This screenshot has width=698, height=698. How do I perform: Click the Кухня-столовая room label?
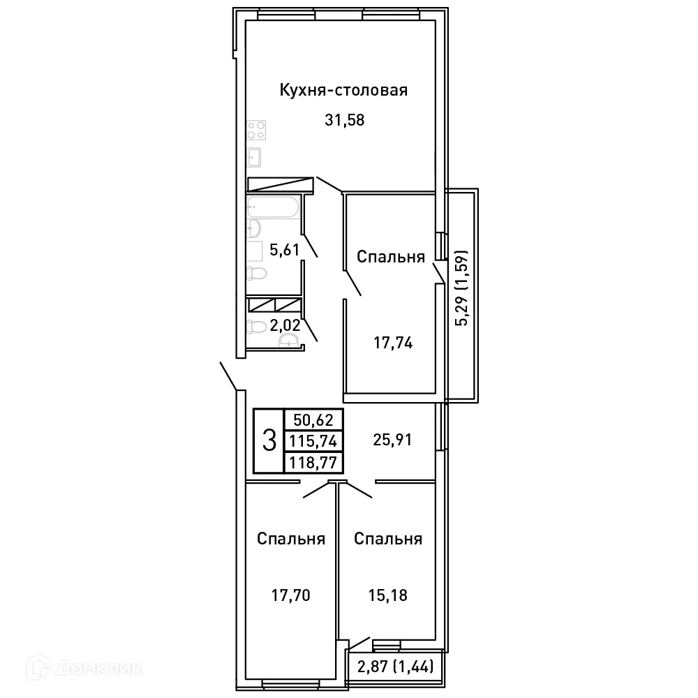[343, 91]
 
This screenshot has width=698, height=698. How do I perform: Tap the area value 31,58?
[345, 119]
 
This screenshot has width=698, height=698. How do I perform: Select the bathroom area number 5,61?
[284, 250]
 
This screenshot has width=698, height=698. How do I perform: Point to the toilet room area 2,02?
[284, 325]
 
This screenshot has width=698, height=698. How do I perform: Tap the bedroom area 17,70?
[290, 595]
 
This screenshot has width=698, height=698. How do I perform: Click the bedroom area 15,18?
[387, 595]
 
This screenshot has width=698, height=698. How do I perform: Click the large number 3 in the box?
[268, 440]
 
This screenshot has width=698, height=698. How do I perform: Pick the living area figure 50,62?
[313, 420]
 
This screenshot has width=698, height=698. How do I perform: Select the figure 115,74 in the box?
[313, 440]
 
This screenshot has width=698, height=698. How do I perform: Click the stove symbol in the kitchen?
[255, 130]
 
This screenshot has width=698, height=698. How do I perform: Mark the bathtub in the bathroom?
[274, 207]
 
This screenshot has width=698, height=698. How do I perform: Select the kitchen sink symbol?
[254, 156]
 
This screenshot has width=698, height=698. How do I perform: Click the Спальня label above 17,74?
[391, 257]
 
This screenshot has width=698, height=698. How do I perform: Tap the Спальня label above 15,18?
[387, 539]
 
